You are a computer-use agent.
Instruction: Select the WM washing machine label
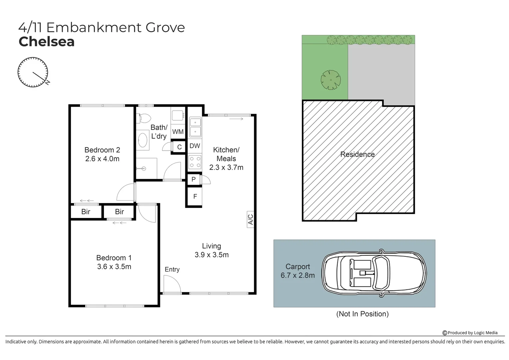coord(178,132)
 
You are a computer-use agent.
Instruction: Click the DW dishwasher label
coord(195,146)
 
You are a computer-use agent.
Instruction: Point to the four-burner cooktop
coord(195,162)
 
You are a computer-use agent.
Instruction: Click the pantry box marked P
coord(193,179)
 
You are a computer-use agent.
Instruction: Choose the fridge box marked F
coord(195,197)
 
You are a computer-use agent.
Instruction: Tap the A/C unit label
coord(251,219)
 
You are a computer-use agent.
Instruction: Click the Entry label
coord(172,269)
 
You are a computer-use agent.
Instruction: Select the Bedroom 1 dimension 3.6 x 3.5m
coord(114,267)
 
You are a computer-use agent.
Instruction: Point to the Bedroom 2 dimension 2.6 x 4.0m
coord(102,159)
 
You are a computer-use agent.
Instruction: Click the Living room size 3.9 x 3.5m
coord(211,255)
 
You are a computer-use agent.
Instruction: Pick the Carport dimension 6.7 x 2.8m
coord(297,275)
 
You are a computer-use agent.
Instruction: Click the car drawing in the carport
coord(374,273)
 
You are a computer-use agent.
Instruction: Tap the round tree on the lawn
coord(330,80)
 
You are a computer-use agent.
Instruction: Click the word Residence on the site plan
coord(357,154)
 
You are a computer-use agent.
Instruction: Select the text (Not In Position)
coord(362,314)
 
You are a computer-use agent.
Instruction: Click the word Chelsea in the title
coord(47,42)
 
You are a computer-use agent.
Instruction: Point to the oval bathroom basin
coord(143,140)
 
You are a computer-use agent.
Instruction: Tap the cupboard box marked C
coord(179,147)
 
